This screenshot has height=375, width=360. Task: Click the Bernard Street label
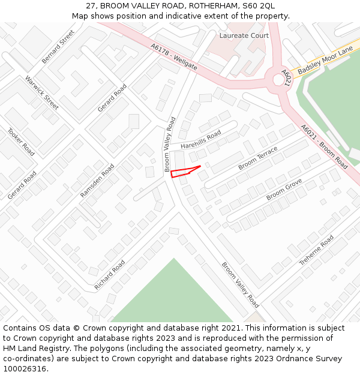(x=58, y=47)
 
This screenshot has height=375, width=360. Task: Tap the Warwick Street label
(x=41, y=92)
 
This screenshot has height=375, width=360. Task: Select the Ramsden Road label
(x=97, y=181)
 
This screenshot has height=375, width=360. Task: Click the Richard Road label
(x=110, y=275)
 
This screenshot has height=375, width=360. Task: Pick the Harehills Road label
(x=200, y=139)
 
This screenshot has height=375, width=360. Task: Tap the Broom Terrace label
(x=258, y=158)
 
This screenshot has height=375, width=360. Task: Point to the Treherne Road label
(x=316, y=250)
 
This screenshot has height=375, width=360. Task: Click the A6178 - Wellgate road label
(x=174, y=57)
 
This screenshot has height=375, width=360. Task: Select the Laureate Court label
(x=244, y=36)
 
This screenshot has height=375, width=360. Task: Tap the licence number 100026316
(x=25, y=368)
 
